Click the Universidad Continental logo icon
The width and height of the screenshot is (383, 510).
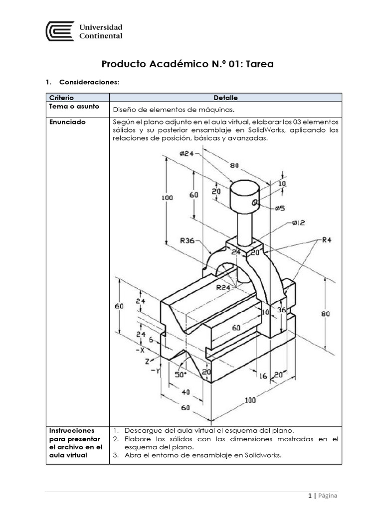tap(60, 31)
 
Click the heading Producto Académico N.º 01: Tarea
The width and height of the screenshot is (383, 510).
tap(188, 64)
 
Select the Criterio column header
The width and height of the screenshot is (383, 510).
tap(60, 98)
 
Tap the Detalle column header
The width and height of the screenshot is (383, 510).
tap(225, 98)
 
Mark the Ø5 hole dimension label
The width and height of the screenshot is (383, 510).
tap(279, 208)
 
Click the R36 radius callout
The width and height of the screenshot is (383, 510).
tap(187, 241)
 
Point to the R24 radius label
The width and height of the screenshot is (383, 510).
tap(223, 287)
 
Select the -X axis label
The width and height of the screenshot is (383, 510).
tap(140, 349)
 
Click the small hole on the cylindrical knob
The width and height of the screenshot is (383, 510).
tap(254, 202)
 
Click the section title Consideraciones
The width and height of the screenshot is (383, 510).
tap(89, 82)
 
